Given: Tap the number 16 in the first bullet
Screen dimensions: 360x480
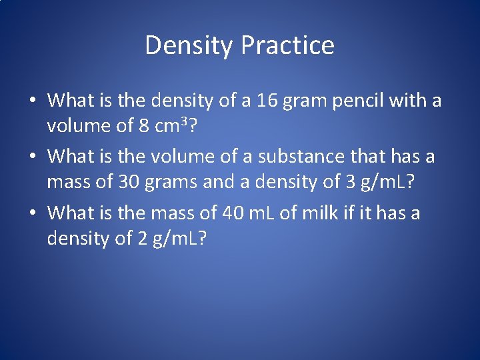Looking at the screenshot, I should point(269,101).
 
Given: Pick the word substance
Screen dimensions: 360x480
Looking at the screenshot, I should point(293,157).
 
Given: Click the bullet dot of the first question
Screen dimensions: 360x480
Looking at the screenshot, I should point(32,102).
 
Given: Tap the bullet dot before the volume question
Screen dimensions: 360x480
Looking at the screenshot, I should point(32,158).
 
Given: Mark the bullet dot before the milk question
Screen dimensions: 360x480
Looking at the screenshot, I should point(32,214).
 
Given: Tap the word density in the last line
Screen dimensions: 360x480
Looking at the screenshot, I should point(76,239).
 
